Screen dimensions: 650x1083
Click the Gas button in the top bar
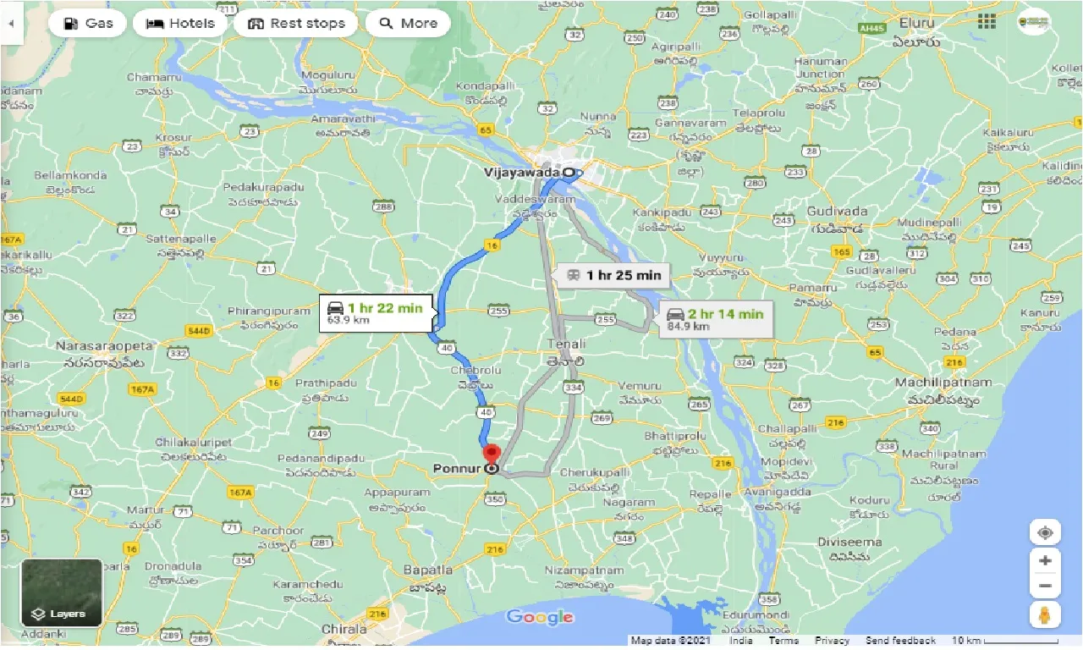pos(88,23)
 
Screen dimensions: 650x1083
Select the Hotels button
pos(180,23)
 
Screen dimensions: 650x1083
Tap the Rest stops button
pos(296,23)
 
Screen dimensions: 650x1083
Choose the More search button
pos(408,23)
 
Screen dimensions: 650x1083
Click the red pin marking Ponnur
pos(492,454)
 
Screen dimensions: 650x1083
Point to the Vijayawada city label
pos(522,172)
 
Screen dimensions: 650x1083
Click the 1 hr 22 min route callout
pos(377,313)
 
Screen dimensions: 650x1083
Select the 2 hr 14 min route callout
pos(716,319)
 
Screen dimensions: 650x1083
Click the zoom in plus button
pos(1045,560)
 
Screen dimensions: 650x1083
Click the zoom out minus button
pos(1045,586)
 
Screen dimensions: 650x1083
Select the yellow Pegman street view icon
pos(1045,614)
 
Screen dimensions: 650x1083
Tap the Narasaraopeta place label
pos(104,346)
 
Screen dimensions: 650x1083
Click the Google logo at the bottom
pos(540,617)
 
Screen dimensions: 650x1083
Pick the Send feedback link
pos(900,641)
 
